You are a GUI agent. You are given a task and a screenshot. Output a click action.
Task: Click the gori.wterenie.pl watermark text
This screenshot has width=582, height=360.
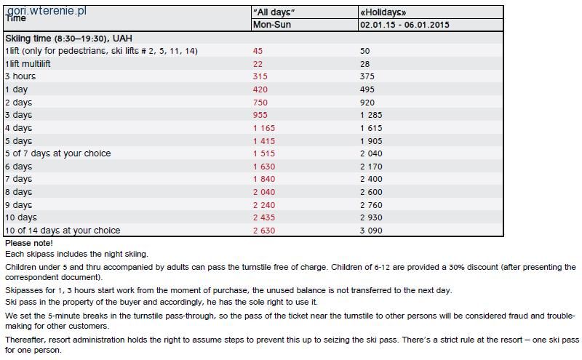pyautogui.click(x=47, y=11)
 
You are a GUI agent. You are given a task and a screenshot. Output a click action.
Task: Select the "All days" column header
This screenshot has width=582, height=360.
pyautogui.click(x=274, y=12)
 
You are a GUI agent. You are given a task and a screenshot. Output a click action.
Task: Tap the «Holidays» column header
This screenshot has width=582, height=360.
pyautogui.click(x=383, y=12)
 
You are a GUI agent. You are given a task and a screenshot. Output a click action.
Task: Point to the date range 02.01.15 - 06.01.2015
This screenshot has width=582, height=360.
pyautogui.click(x=404, y=25)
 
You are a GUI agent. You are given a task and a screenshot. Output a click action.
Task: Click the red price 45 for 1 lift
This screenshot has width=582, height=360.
pyautogui.click(x=258, y=51)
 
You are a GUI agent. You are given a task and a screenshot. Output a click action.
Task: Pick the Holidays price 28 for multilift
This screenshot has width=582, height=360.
pyautogui.click(x=365, y=64)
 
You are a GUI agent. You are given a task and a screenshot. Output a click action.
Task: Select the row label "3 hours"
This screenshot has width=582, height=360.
pyautogui.click(x=20, y=76)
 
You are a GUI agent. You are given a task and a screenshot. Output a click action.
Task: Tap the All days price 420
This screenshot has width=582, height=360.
pyautogui.click(x=260, y=89)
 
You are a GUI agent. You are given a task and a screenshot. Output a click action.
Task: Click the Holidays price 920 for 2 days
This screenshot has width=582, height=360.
pyautogui.click(x=367, y=103)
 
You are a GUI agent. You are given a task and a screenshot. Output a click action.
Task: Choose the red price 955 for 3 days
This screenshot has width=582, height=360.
pyautogui.click(x=260, y=115)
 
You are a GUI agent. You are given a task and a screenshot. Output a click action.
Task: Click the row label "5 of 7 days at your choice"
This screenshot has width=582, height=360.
pyautogui.click(x=58, y=153)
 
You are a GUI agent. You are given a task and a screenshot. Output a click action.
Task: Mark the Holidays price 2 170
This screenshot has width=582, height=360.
pyautogui.click(x=371, y=167)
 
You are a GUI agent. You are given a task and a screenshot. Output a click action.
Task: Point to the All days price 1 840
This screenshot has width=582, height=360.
pyautogui.click(x=264, y=179)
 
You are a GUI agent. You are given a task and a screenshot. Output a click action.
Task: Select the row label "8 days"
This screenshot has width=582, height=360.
pyautogui.click(x=19, y=192)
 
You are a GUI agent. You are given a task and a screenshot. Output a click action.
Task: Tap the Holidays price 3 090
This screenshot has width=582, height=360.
pyautogui.click(x=371, y=231)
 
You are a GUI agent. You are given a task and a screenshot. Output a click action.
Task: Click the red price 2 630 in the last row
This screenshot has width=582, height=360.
pyautogui.click(x=264, y=231)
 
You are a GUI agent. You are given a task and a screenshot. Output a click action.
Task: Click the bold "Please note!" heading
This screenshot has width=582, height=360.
pyautogui.click(x=29, y=243)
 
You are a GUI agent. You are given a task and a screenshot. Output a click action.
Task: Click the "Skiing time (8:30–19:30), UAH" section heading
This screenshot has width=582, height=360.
pyautogui.click(x=68, y=39)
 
